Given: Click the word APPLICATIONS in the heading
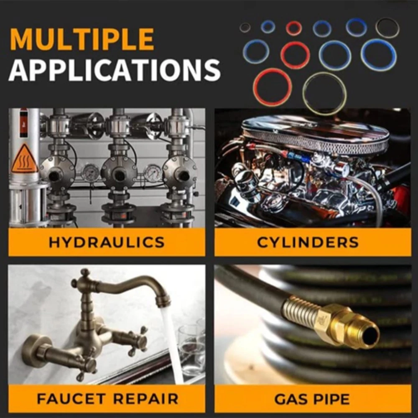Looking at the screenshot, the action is coord(115,70).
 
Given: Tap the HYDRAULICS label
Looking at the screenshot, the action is coord(107,242).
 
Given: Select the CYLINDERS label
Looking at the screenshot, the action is coord(308,242).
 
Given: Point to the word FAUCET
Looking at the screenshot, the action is coord(71,399).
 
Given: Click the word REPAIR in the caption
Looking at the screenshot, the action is coord(146,399).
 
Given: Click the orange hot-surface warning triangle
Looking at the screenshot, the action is coord(25,158).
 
